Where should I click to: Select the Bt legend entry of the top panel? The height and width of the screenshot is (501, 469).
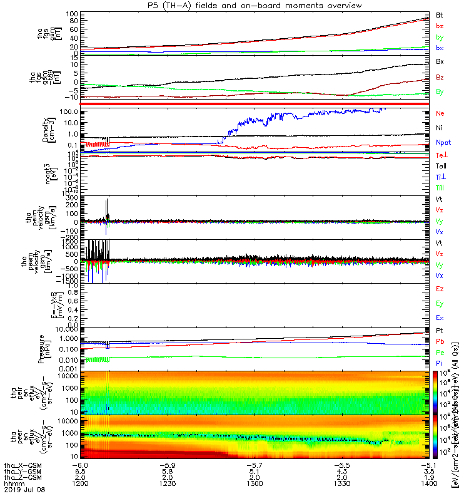point(439,14)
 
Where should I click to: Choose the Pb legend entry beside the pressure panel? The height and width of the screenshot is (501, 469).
point(439,342)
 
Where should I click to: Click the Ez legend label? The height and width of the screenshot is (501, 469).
point(439,289)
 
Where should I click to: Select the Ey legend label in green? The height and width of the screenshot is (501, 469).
point(439,304)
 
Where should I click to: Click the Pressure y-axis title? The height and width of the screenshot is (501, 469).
point(43,347)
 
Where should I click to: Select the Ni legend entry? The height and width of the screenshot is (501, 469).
point(438,128)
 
